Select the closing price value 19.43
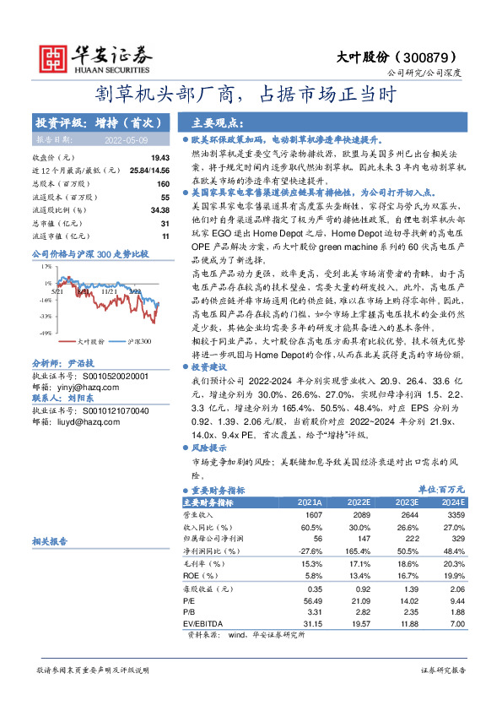click(x=160, y=158)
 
